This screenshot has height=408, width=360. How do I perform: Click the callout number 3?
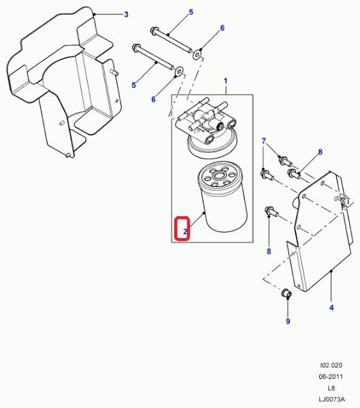126,14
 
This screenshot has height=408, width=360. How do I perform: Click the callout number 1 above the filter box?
225,81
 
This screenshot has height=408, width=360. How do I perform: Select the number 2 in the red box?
185,231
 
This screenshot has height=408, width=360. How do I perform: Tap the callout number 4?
331,308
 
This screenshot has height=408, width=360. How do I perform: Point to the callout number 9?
288,321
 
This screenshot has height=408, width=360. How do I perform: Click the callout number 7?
263,141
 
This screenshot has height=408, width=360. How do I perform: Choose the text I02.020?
331,365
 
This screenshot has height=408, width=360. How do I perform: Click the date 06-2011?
331,377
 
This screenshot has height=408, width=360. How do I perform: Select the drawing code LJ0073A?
331,399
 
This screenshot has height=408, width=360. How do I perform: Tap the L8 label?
331,388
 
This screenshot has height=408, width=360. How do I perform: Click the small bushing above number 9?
287,293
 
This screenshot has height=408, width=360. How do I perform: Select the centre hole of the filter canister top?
217,175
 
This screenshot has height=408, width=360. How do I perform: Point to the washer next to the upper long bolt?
197,54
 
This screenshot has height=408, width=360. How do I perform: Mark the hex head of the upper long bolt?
154,30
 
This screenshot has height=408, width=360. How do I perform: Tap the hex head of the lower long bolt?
136,48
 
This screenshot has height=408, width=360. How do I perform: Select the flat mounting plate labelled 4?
320,231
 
